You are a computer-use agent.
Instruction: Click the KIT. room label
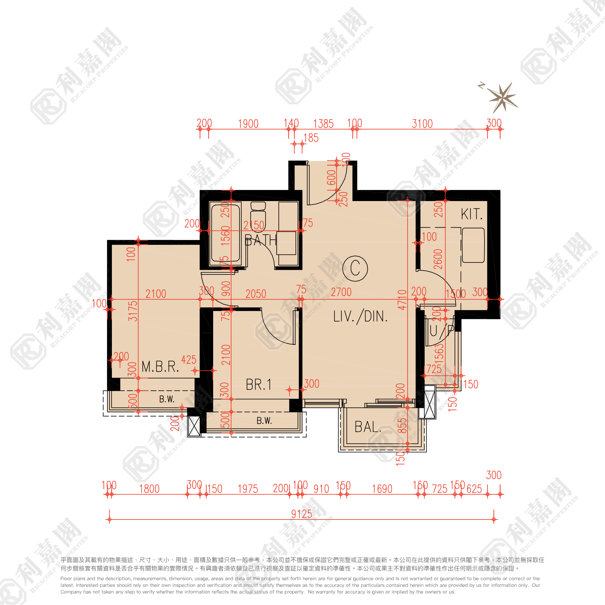(x=471, y=215)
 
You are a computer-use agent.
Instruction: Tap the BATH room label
(x=260, y=241)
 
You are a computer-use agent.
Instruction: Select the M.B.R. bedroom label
(x=160, y=367)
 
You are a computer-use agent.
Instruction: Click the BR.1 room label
(x=258, y=385)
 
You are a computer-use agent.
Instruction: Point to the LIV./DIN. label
(x=360, y=317)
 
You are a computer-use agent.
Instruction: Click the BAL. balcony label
(x=368, y=427)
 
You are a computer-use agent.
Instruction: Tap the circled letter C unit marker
(x=355, y=268)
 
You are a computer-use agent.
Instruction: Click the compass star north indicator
(x=502, y=98)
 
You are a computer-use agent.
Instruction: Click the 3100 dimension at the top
(x=422, y=124)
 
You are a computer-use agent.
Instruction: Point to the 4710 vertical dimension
(x=402, y=300)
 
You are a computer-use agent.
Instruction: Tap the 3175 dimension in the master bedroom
(x=133, y=311)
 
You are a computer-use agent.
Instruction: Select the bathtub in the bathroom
(x=225, y=233)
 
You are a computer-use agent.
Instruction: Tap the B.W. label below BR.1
(x=264, y=421)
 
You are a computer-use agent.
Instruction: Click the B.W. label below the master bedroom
(x=167, y=399)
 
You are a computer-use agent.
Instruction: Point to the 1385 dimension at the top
(x=323, y=124)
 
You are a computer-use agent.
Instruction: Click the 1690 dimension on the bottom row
(x=382, y=489)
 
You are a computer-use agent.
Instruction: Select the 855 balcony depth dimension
(x=402, y=426)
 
